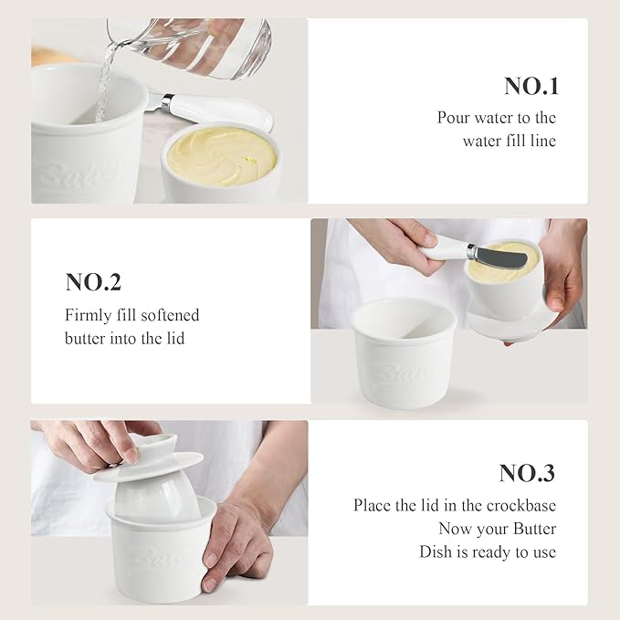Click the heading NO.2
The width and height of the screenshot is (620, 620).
click(x=93, y=282)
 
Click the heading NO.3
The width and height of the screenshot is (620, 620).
click(x=526, y=473)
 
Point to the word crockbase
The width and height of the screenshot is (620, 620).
click(x=523, y=505)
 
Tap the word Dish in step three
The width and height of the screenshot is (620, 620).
click(x=437, y=552)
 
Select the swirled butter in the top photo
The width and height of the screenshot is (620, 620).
click(x=222, y=156)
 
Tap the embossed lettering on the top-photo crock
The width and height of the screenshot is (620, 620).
click(x=88, y=173)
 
